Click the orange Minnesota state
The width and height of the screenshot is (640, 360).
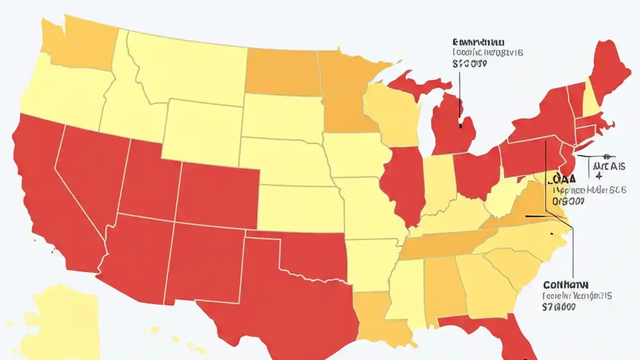(345, 95)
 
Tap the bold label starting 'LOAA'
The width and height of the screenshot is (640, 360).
(564, 178)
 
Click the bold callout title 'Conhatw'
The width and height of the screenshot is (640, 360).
(565, 284)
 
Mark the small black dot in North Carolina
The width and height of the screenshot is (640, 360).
(551, 234)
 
